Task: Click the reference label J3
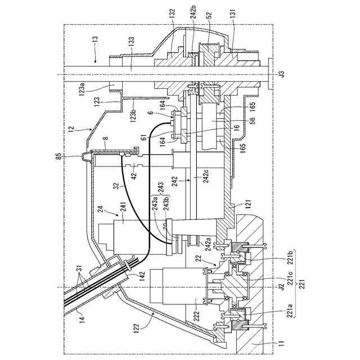pos(282,74)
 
